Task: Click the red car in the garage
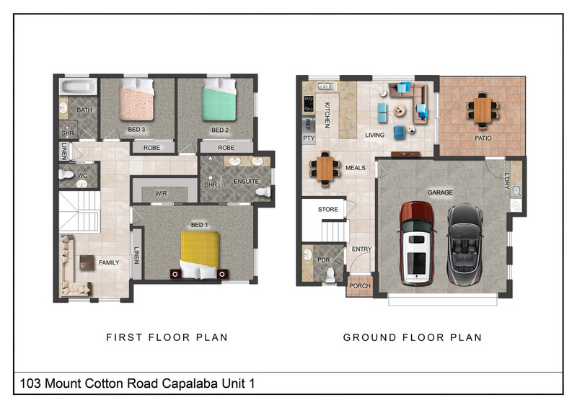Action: click(x=417, y=243)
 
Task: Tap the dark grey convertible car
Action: click(x=464, y=244)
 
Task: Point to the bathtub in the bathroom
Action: click(x=78, y=87)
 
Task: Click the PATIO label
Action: click(x=483, y=138)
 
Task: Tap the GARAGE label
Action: click(x=440, y=192)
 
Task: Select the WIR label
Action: click(x=161, y=193)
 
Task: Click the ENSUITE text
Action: click(x=246, y=182)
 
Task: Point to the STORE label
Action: click(x=327, y=209)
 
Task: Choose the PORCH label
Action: click(x=359, y=286)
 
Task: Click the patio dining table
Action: click(x=483, y=110)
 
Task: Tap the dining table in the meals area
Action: click(x=325, y=169)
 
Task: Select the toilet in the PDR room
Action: click(x=330, y=275)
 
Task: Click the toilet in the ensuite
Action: click(x=263, y=191)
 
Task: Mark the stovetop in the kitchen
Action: click(x=309, y=104)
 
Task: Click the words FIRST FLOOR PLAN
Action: click(x=167, y=337)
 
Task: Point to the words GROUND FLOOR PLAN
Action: click(x=413, y=337)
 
